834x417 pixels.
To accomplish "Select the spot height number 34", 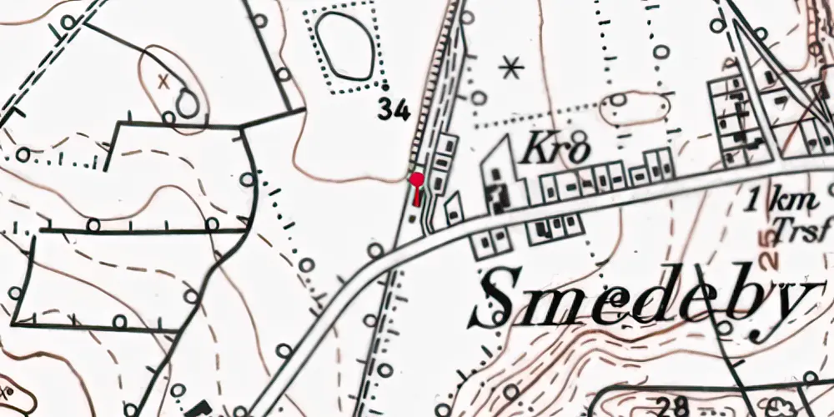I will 394,108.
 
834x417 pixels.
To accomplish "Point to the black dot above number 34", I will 385,86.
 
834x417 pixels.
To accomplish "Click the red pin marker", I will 416,179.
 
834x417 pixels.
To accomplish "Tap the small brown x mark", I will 163,80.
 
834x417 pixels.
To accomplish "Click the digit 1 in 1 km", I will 755,200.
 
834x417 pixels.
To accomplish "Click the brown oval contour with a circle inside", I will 633,108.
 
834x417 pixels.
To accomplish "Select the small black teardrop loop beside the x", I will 188,103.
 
